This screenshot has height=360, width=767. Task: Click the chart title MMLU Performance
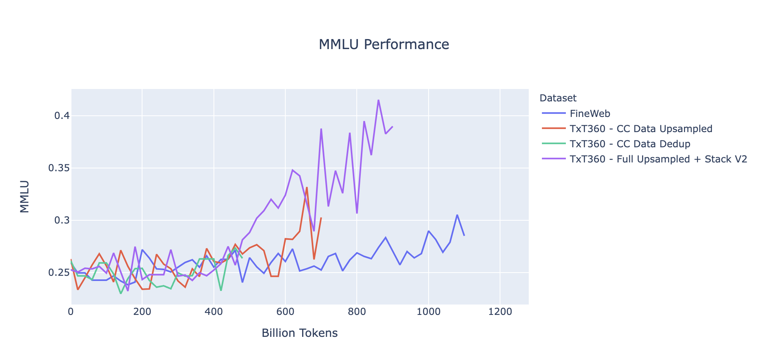pos(383,44)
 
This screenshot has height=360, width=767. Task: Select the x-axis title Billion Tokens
pos(299,333)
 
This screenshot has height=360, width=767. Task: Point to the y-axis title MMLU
pos(25,196)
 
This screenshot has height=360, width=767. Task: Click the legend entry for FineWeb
pos(590,114)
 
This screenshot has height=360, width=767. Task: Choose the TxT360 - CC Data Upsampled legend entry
pos(640,129)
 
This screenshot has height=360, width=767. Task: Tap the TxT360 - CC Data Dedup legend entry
pos(630,144)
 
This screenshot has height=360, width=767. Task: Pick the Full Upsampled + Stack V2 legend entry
pos(658,159)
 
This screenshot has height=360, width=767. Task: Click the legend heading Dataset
pos(557,98)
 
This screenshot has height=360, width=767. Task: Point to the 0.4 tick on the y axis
pos(62,116)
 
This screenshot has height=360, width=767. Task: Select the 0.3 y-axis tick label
pos(62,220)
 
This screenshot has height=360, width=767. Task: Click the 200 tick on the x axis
pos(142,312)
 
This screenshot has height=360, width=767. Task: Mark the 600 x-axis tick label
pos(285,312)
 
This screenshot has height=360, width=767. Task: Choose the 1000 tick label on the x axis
pos(428,312)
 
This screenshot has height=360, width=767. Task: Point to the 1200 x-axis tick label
pos(500,312)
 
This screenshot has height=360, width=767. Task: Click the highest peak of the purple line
pos(378,100)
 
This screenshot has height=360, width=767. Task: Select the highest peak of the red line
pos(306,187)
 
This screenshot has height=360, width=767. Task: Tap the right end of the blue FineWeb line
pos(464,235)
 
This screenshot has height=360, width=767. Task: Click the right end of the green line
pos(242,258)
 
